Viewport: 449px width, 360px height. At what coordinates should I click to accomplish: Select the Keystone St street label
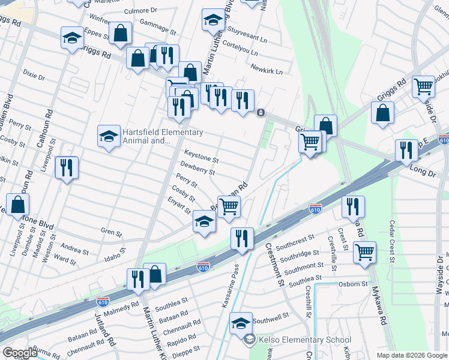201,160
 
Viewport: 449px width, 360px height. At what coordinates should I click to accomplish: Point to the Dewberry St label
197,172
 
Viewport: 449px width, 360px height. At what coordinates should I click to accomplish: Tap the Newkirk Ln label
267,71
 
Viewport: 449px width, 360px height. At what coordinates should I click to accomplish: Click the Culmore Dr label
140,11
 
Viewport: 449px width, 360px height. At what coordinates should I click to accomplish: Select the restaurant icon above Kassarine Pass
242,237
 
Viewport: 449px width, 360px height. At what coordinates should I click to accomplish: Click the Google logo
20,353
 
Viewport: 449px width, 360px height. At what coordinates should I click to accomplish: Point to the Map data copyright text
411,355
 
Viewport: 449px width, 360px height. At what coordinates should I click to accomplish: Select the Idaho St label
116,257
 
